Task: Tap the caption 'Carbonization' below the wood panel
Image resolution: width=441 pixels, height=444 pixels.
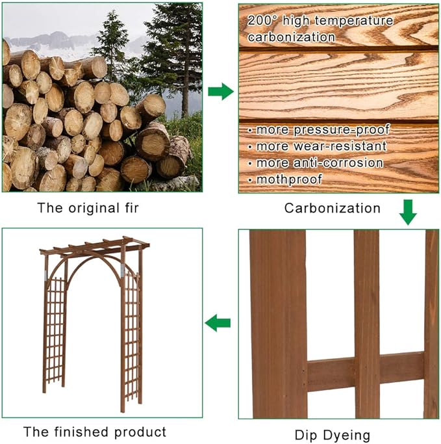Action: [x=332, y=209]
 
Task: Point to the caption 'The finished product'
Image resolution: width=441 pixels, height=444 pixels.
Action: [x=95, y=432]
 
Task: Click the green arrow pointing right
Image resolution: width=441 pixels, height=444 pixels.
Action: [x=221, y=92]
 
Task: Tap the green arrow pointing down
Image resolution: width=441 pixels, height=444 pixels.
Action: [x=407, y=212]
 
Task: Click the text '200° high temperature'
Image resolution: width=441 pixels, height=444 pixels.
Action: [x=320, y=21]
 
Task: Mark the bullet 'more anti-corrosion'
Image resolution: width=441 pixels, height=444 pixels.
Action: [x=320, y=163]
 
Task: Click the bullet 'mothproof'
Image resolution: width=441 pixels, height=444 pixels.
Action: [x=285, y=179]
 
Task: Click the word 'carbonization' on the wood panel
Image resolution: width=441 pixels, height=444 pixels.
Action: [x=291, y=37]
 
